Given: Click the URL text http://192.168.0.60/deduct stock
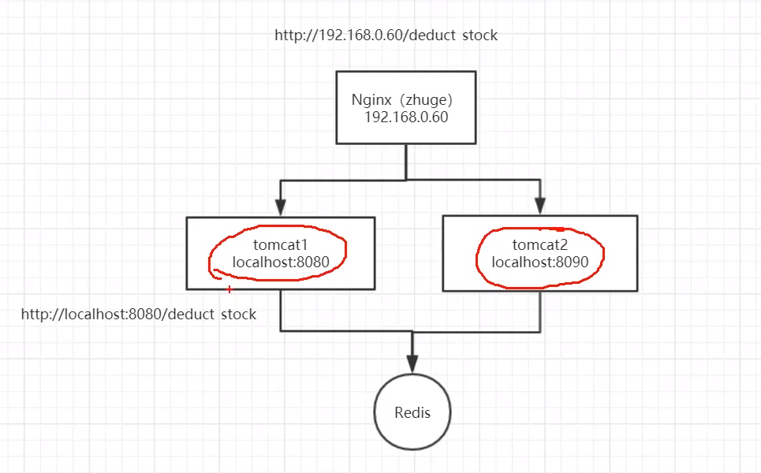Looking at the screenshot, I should [x=386, y=35].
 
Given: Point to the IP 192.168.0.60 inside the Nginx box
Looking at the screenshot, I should [x=405, y=117].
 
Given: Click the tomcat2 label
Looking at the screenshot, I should [x=539, y=244].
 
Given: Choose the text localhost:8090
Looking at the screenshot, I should [x=539, y=261].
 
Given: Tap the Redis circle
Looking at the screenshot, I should [x=412, y=412].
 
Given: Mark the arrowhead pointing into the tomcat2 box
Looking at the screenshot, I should [x=540, y=207].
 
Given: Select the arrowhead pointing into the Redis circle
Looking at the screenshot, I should [x=412, y=363].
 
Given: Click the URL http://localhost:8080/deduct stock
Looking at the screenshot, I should [x=139, y=315].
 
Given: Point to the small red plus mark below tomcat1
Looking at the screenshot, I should [x=229, y=290].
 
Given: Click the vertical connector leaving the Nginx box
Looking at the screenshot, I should [x=406, y=162].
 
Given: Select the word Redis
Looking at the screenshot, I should [x=412, y=412].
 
